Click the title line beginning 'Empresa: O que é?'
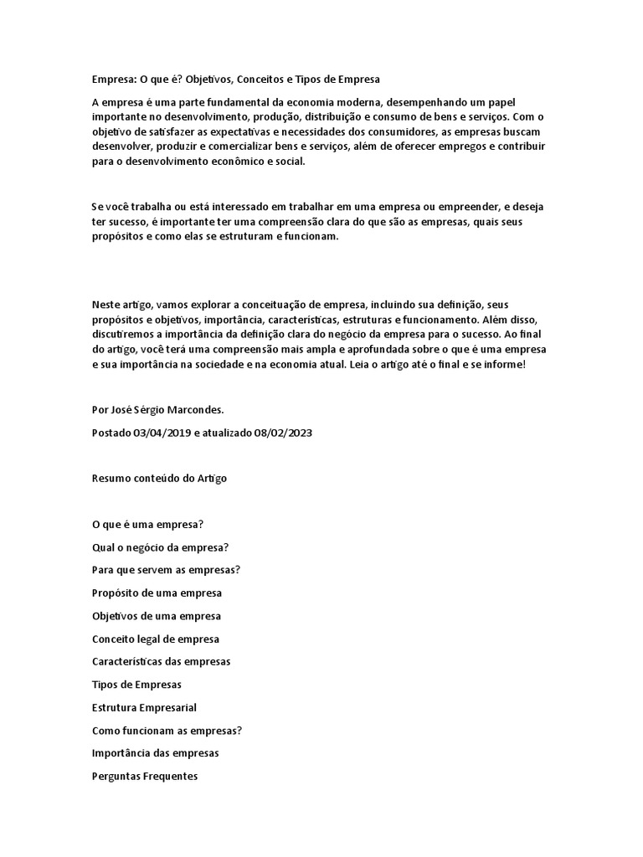pyautogui.click(x=235, y=80)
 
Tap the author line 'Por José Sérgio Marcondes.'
pyautogui.click(x=157, y=410)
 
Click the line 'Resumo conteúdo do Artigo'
pyautogui.click(x=159, y=479)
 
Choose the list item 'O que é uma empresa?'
pyautogui.click(x=148, y=525)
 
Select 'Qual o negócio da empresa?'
pyautogui.click(x=161, y=547)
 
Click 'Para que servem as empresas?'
pyautogui.click(x=166, y=570)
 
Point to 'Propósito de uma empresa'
pyautogui.click(x=157, y=593)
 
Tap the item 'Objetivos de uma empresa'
pyautogui.click(x=157, y=616)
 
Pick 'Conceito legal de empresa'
pyautogui.click(x=155, y=639)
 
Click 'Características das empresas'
pyautogui.click(x=161, y=661)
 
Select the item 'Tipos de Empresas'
pyautogui.click(x=136, y=685)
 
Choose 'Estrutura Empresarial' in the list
pyautogui.click(x=144, y=707)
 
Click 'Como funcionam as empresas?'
pyautogui.click(x=167, y=730)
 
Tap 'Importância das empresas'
pyautogui.click(x=155, y=753)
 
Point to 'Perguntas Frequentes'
pyautogui.click(x=145, y=776)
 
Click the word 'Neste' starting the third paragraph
pyautogui.click(x=105, y=304)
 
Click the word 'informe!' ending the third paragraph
pyautogui.click(x=503, y=365)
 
